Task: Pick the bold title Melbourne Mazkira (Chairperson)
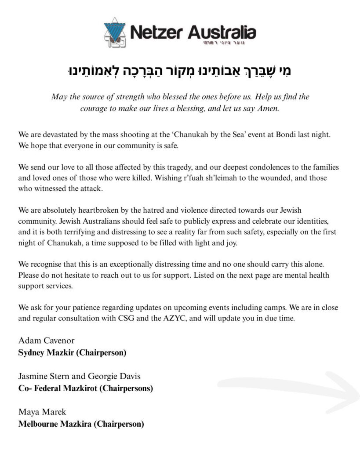(81, 424)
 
